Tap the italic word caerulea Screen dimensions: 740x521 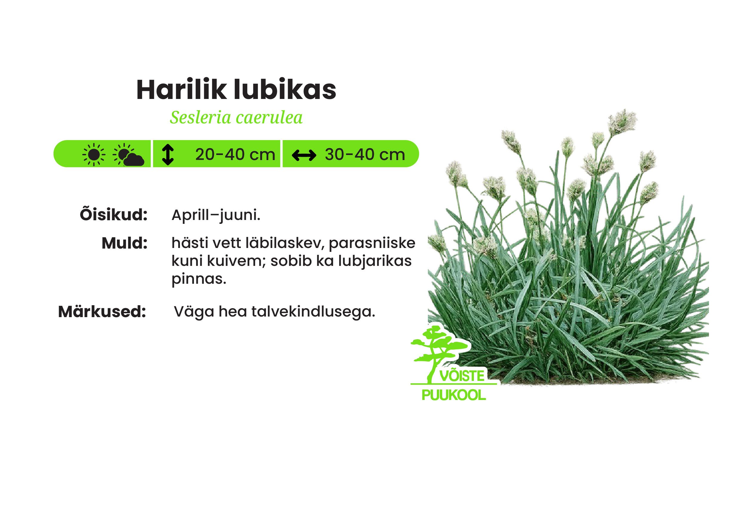coord(269,118)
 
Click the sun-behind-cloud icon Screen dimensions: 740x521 coord(128,155)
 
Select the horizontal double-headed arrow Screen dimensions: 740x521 coord(303,156)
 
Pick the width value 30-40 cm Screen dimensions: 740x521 coord(365,155)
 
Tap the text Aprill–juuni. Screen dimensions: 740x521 coord(216,215)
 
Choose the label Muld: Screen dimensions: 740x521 coord(124,244)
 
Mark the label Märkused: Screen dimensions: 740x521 coord(102,312)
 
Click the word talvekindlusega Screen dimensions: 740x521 coord(313,312)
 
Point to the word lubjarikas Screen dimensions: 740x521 coord(375,261)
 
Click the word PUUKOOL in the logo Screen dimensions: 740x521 coord(454,396)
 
